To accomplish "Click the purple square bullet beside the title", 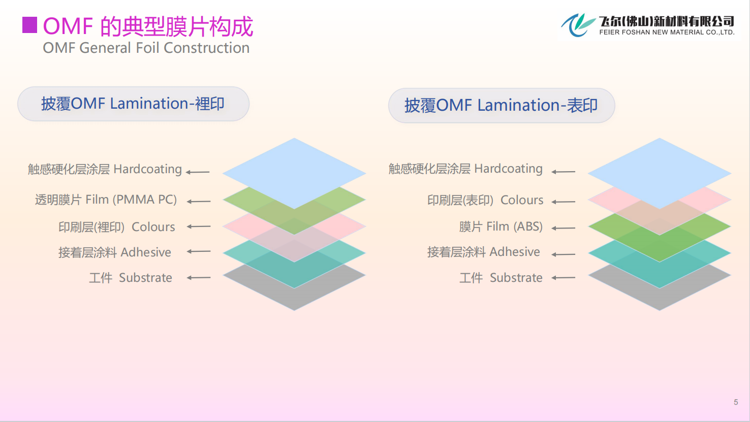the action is (29, 25).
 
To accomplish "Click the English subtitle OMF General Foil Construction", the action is (146, 48).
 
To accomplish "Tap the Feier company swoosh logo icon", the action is (578, 25).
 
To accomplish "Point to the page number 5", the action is (736, 402).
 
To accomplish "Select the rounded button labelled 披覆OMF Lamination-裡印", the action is (133, 104).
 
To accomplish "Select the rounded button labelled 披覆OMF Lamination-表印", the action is (502, 106).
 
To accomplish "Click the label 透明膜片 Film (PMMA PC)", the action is (106, 200).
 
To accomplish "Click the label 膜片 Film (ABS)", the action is (501, 227).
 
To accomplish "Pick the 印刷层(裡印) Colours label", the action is (116, 227).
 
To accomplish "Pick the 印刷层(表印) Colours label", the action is (485, 200).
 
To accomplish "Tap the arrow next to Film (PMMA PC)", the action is (199, 202).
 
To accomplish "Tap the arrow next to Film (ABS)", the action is (564, 228).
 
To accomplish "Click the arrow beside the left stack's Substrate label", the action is (199, 278).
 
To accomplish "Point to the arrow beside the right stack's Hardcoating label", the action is (564, 172).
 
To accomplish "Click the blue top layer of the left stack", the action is (294, 168).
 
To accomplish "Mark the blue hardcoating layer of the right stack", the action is (659, 168).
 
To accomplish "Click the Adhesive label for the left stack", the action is (114, 252).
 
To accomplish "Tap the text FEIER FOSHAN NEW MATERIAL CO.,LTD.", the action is (667, 33).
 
